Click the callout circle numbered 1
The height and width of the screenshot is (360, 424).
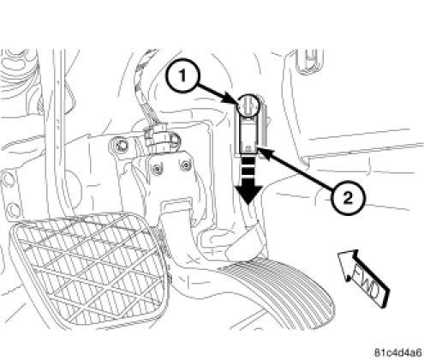tap(182, 76)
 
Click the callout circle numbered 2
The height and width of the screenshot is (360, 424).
tap(348, 198)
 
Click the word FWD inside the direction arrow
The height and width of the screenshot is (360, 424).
tap(367, 282)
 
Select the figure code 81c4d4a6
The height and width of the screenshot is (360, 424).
tap(398, 352)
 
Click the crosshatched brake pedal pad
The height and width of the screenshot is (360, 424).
tap(87, 270)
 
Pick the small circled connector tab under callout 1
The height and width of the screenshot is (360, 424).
tap(248, 105)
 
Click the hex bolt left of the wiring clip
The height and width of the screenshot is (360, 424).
tap(122, 146)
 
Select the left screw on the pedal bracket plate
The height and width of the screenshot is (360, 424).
tap(156, 170)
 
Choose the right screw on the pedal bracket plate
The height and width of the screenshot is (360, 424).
tap(185, 165)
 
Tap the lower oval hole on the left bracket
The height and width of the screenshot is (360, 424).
tap(12, 210)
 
